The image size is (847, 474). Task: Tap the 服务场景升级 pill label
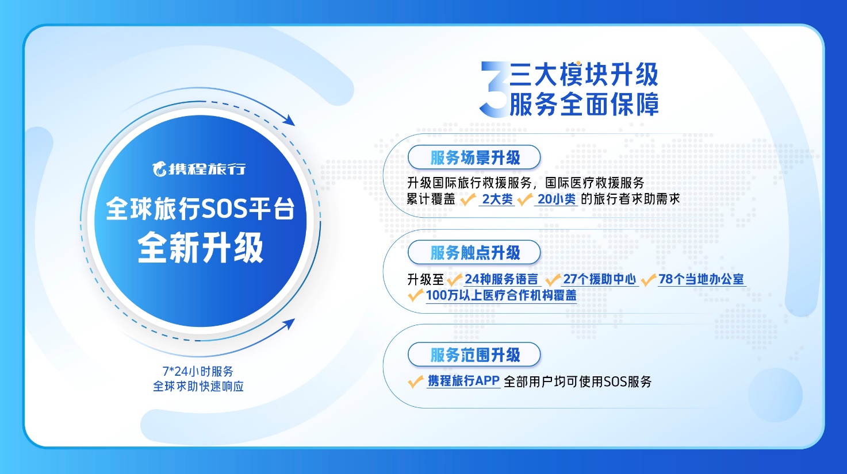pyautogui.click(x=474, y=157)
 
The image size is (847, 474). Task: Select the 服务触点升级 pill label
pyautogui.click(x=474, y=252)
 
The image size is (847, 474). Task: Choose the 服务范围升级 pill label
pyautogui.click(x=474, y=354)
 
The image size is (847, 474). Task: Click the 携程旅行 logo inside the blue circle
pyautogui.click(x=199, y=169)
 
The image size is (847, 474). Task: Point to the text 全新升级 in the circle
pyautogui.click(x=201, y=248)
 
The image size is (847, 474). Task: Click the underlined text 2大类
pyautogui.click(x=497, y=199)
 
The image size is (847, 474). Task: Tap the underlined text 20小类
pyautogui.click(x=556, y=199)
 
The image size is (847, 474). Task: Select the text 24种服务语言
pyautogui.click(x=501, y=279)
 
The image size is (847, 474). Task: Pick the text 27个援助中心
pyautogui.click(x=600, y=279)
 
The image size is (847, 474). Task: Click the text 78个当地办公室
pyautogui.click(x=701, y=279)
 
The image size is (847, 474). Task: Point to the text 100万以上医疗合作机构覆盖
pyautogui.click(x=501, y=295)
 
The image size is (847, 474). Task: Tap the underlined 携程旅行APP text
pyautogui.click(x=463, y=381)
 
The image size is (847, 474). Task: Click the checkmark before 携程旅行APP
pyautogui.click(x=416, y=381)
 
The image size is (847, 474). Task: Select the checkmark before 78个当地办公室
pyautogui.click(x=648, y=280)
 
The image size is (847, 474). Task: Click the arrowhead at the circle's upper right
pyautogui.click(x=289, y=120)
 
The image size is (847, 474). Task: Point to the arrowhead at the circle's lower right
pyautogui.click(x=289, y=324)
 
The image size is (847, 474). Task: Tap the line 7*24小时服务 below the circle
pyautogui.click(x=198, y=371)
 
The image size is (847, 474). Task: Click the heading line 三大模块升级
pyautogui.click(x=584, y=75)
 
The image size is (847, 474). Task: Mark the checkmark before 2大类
pyautogui.click(x=467, y=199)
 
